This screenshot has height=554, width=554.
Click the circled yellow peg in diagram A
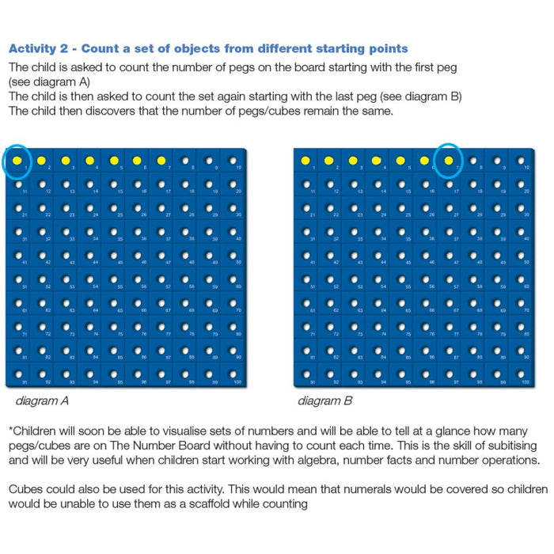click(17, 161)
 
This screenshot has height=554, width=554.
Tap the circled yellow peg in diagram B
click(449, 161)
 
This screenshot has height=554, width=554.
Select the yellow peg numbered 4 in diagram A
click(89, 161)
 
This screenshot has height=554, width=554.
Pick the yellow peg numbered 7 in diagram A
click(161, 161)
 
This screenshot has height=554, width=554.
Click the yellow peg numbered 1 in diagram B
click(305, 161)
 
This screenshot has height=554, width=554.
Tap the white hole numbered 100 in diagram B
click(520, 374)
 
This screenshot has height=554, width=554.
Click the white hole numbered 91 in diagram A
click(17, 374)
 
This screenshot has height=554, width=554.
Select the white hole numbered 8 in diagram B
click(472, 161)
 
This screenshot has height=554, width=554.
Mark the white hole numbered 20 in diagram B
click(520, 185)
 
